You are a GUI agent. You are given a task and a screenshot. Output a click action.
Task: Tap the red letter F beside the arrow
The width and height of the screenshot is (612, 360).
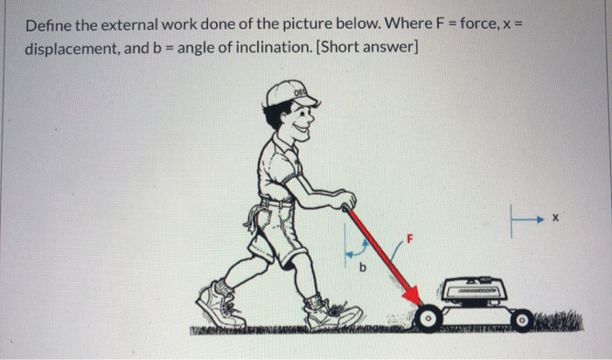click(407, 237)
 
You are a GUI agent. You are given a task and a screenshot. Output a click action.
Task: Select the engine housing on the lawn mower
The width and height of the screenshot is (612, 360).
click(473, 288)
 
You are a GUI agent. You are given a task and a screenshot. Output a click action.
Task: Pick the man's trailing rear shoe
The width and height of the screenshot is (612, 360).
click(219, 305)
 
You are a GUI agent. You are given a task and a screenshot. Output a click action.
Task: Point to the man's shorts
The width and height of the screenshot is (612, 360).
click(275, 232)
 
